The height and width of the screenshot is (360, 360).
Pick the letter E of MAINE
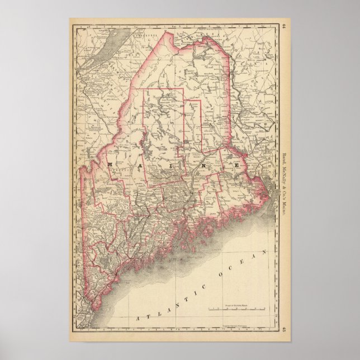coord(237,166)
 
